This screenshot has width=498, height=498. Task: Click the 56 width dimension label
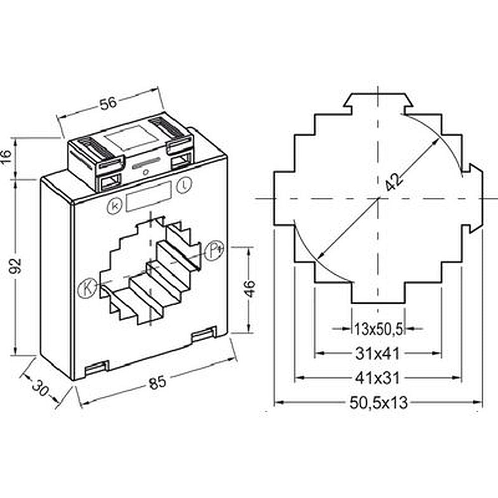(x=108, y=103)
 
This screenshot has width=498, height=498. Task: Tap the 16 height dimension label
(x=6, y=156)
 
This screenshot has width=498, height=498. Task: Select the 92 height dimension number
(x=15, y=266)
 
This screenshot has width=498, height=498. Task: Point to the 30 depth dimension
(x=40, y=387)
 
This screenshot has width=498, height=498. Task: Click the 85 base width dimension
(x=157, y=382)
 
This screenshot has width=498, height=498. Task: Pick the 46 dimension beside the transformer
(x=250, y=288)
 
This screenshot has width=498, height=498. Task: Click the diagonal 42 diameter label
(x=394, y=181)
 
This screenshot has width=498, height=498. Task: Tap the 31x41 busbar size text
(x=377, y=353)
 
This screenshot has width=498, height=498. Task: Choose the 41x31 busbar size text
(x=377, y=378)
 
